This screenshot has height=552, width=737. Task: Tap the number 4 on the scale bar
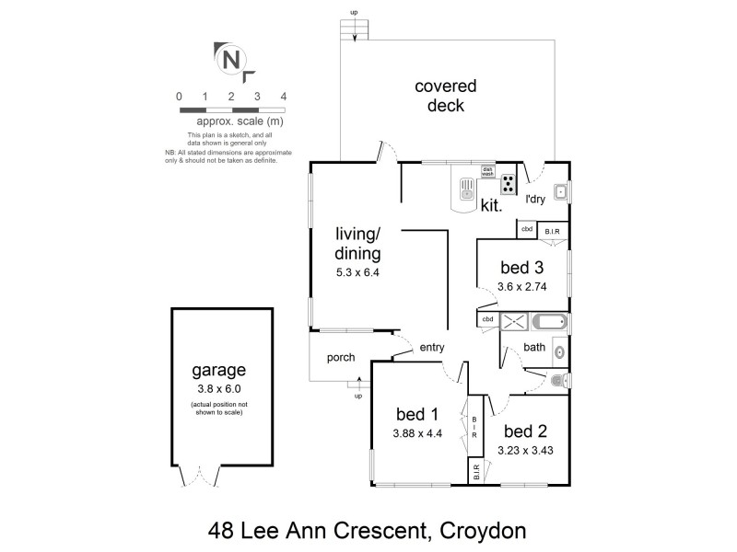[x=284, y=97]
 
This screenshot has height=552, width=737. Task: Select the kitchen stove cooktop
[x=509, y=181]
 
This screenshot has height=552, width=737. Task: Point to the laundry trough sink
[x=560, y=191]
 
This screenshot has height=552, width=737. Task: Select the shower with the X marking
[x=517, y=322]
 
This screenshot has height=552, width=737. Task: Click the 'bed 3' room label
[x=522, y=268]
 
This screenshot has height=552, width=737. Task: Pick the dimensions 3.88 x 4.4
[x=416, y=433]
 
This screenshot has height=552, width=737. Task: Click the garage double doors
[x=199, y=477]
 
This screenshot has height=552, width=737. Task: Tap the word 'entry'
[x=432, y=348]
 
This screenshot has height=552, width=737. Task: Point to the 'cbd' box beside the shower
[x=487, y=319]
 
